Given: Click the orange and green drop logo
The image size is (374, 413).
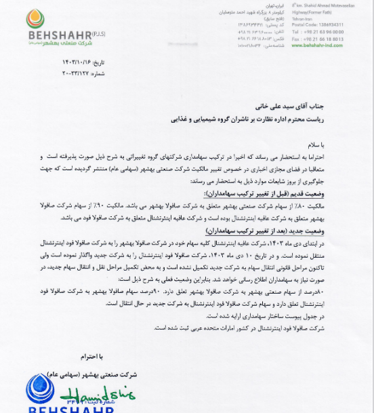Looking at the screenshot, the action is pos(35,18).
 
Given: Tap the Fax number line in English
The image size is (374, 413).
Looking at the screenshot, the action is pos(317,39).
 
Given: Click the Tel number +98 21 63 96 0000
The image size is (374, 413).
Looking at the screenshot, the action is pos(317,32).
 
